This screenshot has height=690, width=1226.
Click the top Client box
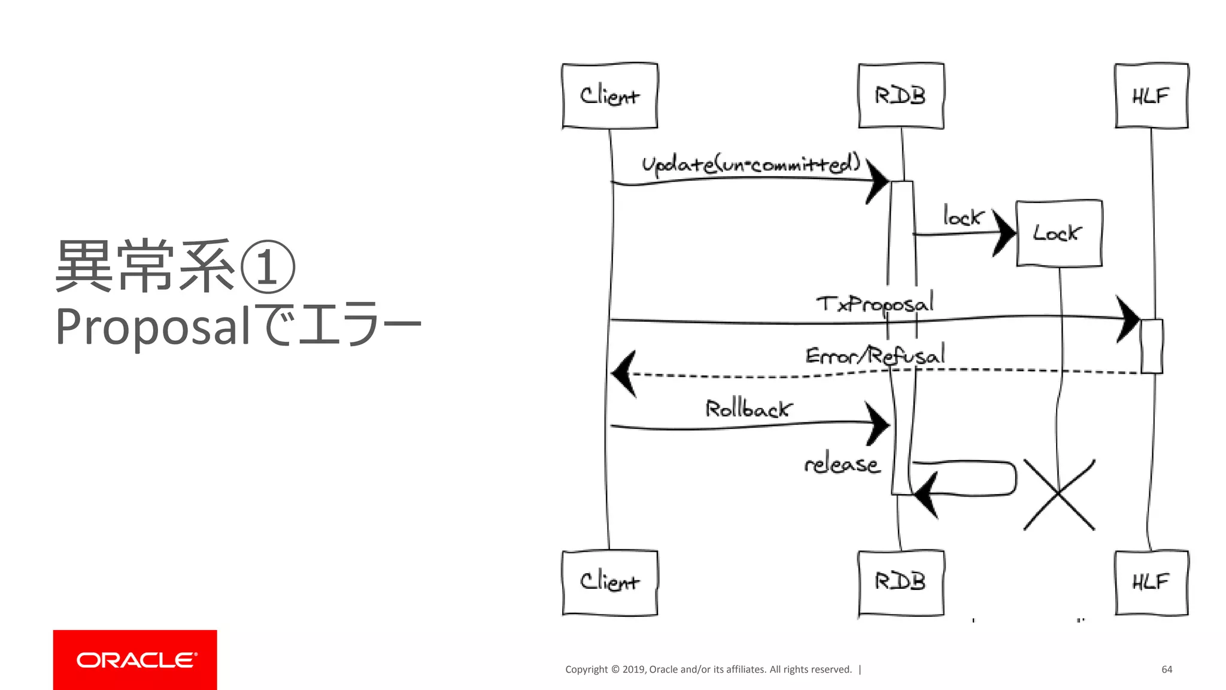click(609, 96)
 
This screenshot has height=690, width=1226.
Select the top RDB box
click(900, 96)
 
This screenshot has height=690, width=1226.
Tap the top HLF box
click(1151, 96)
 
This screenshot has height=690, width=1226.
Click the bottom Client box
click(609, 582)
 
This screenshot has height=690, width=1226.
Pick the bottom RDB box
click(900, 582)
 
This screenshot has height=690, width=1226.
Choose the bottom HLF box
click(1151, 582)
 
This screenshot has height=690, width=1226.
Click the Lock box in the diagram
click(1058, 233)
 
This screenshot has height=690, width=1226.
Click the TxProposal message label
click(874, 304)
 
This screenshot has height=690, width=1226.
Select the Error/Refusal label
click(874, 356)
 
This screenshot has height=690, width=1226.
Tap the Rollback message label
click(748, 409)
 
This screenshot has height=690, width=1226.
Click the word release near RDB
click(842, 464)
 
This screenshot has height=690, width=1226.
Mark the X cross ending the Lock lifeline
click(1058, 495)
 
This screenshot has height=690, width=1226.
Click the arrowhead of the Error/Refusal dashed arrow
click(624, 374)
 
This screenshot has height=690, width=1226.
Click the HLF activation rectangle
click(1151, 346)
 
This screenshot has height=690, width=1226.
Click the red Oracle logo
click(135, 659)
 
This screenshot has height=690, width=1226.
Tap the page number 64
click(1166, 669)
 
